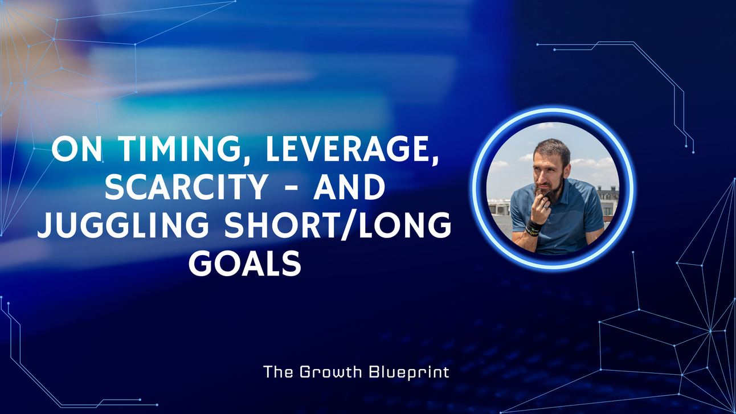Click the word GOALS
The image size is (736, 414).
click(x=245, y=264)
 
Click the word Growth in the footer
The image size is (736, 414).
click(x=334, y=372)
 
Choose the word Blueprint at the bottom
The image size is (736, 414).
click(x=409, y=372)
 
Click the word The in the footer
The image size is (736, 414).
click(x=278, y=372)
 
